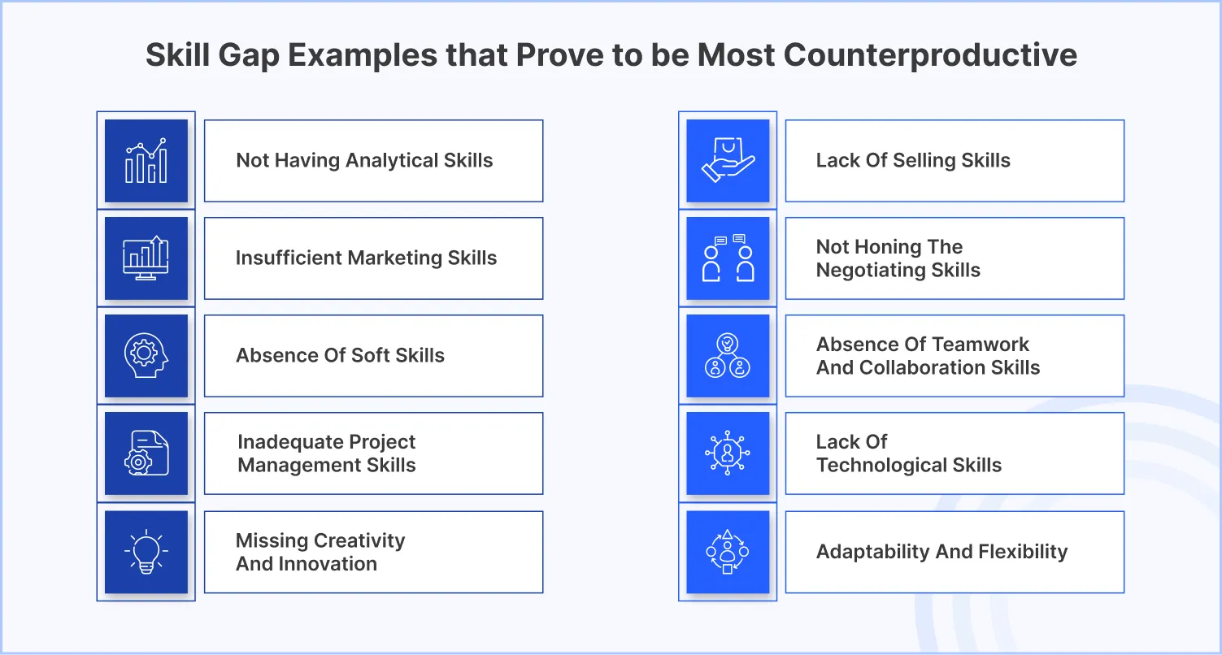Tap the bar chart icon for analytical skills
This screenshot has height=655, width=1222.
tap(146, 160)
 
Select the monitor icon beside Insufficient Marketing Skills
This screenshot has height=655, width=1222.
tap(146, 258)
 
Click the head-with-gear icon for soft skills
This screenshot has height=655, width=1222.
tap(146, 355)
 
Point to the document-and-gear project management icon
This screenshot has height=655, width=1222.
tap(146, 453)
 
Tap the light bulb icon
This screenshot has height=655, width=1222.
tap(146, 552)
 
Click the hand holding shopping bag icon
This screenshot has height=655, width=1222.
tap(728, 160)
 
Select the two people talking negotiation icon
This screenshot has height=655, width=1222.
tap(728, 258)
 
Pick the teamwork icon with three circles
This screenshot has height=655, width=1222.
tap(728, 355)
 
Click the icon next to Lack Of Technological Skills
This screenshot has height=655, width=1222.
tap(728, 453)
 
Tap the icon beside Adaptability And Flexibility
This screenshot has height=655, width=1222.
tap(728, 552)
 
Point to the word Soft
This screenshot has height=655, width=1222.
tap(366, 356)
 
